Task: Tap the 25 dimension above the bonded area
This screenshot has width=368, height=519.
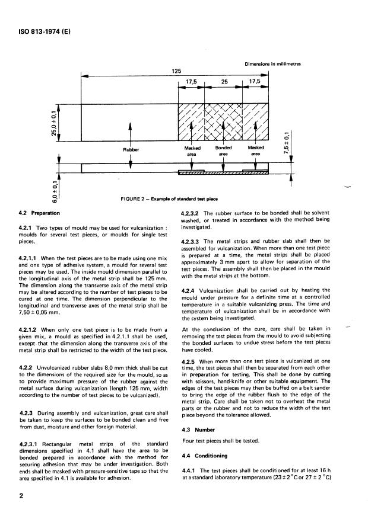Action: point(224,83)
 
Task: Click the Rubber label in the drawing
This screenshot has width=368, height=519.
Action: point(129,149)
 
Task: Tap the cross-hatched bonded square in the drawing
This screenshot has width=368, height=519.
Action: point(223,122)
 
